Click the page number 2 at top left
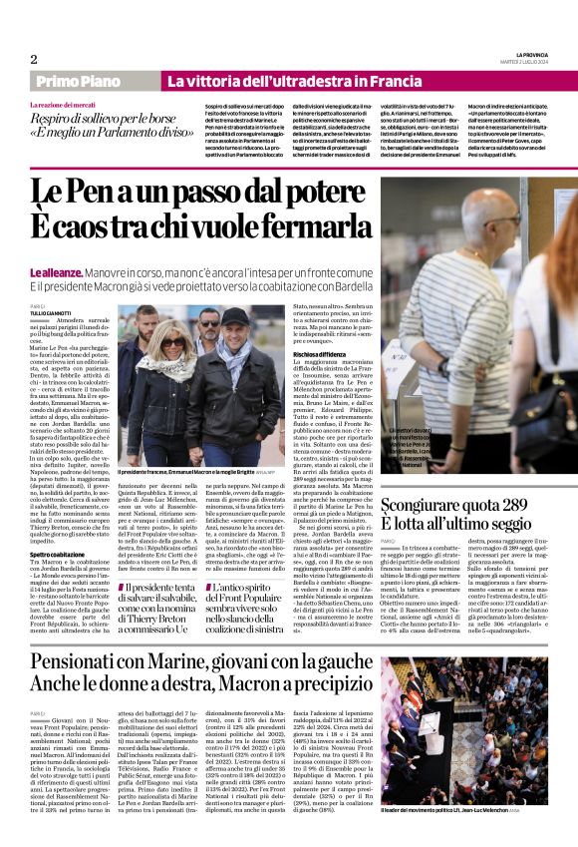(34, 59)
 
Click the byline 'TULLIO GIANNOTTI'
(51, 313)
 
